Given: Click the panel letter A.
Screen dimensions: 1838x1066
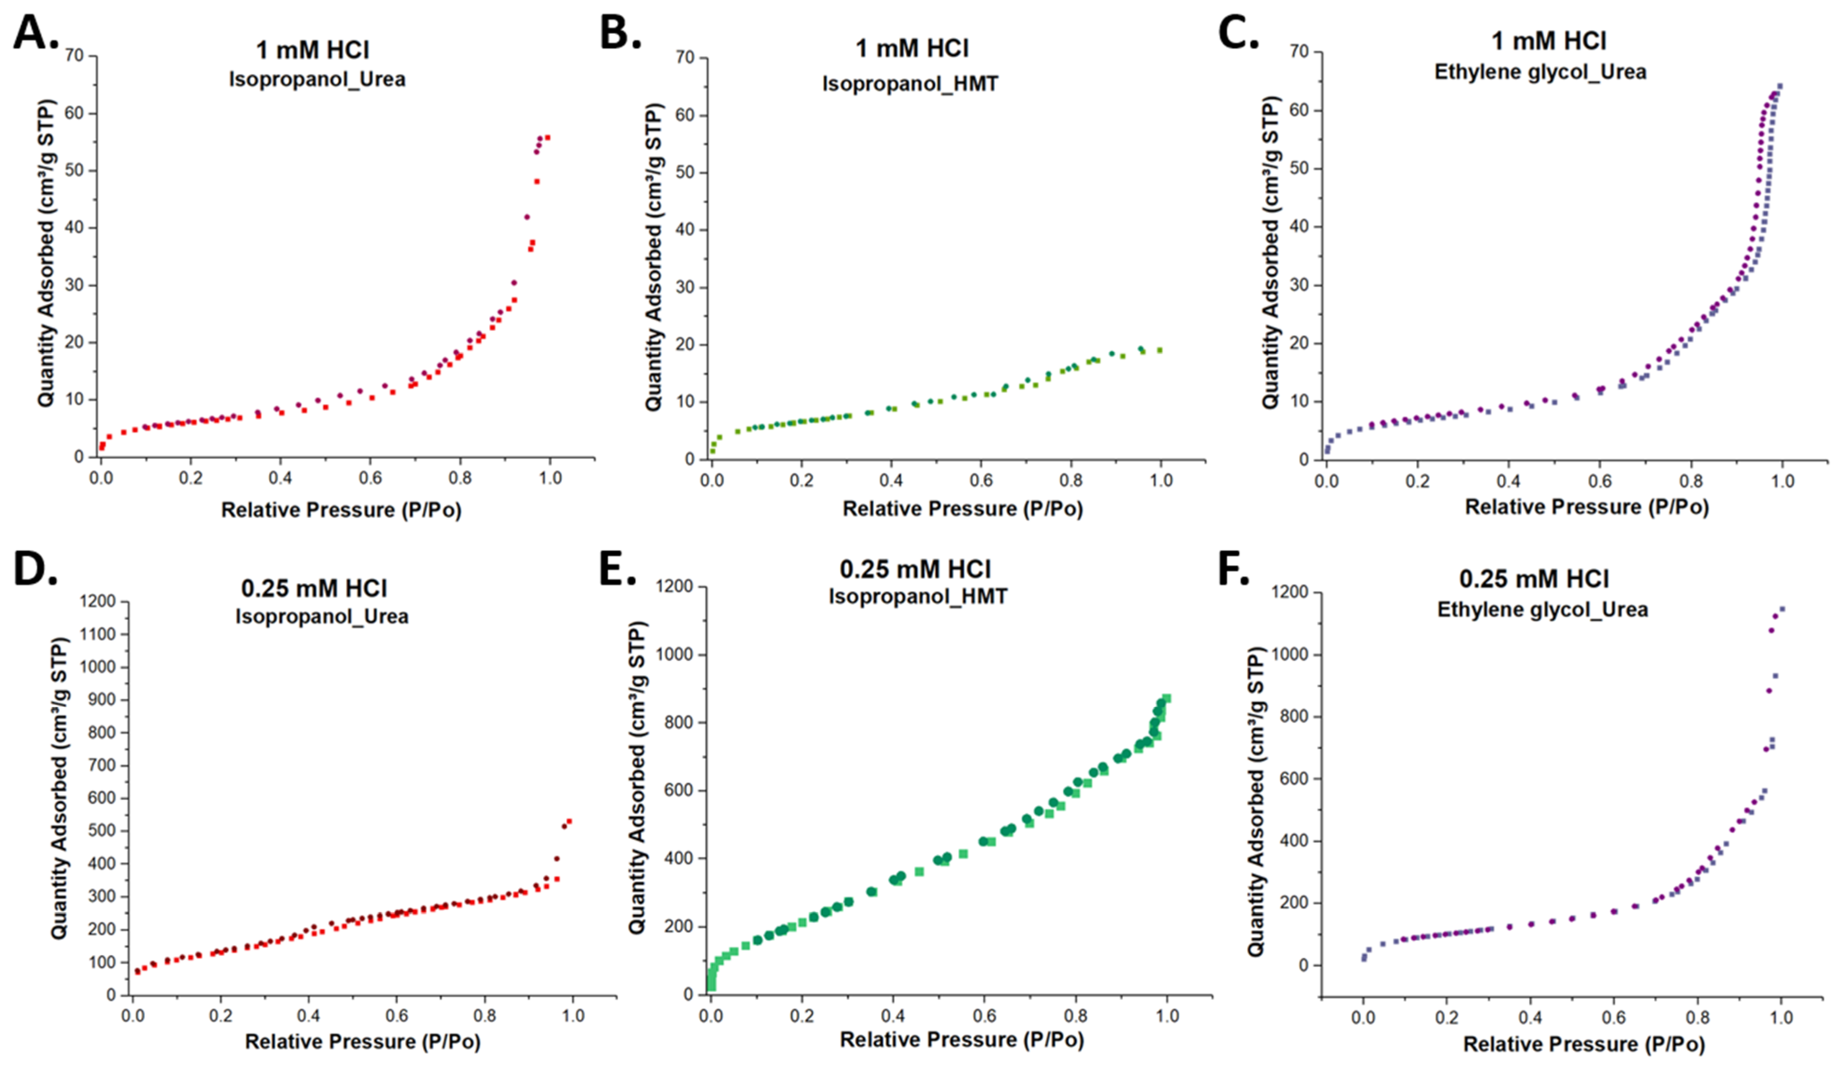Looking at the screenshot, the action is point(35,32).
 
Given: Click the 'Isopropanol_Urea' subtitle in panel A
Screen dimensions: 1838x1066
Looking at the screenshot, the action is point(317,79).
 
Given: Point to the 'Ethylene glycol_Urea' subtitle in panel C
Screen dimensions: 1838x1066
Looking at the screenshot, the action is point(1541,72).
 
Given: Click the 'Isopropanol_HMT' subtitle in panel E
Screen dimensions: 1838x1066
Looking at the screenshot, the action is point(917,596).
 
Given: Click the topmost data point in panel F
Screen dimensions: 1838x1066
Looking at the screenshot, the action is point(1782,608).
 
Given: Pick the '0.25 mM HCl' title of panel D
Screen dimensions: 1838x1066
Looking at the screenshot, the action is point(314,588).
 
